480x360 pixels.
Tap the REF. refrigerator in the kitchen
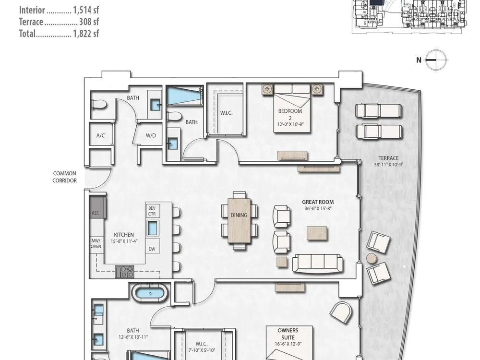(97, 207)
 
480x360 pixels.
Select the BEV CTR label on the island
(152, 211)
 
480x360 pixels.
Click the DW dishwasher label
(152, 249)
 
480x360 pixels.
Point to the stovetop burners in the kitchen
(125, 272)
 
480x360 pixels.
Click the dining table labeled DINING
(239, 221)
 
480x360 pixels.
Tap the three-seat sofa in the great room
(317, 264)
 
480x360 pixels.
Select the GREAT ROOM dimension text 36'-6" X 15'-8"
(318, 208)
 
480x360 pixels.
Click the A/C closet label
(101, 135)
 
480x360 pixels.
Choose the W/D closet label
(151, 135)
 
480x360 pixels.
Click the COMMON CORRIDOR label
(65, 177)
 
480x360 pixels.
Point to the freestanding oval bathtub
(150, 293)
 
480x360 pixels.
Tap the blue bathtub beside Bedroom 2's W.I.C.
(185, 96)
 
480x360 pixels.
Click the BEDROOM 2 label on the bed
(290, 115)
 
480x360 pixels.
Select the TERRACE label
(388, 158)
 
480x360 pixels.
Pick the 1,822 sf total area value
(86, 34)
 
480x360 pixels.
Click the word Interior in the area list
(32, 10)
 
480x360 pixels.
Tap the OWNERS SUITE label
(288, 334)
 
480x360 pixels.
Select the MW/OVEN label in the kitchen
(96, 244)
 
